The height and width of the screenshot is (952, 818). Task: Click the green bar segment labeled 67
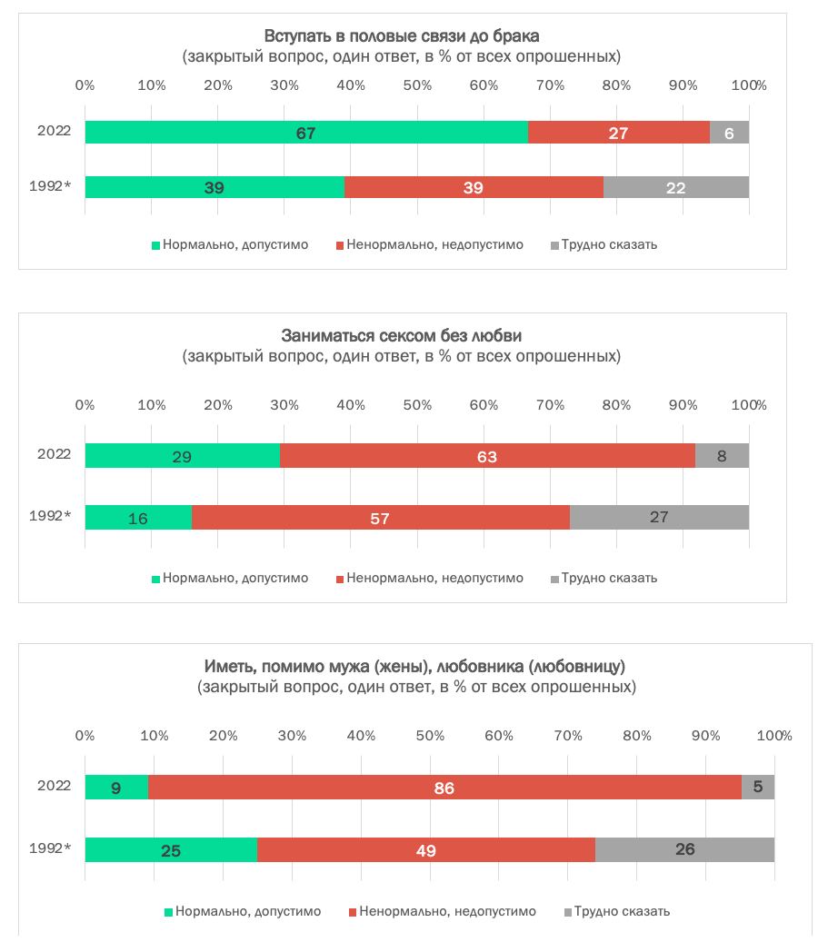(x=306, y=133)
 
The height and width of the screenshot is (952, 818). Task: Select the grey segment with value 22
(x=675, y=187)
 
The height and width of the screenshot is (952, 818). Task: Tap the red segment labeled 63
(x=487, y=456)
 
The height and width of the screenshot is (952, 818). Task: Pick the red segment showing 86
(x=444, y=788)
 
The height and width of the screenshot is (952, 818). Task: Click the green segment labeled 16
(x=138, y=518)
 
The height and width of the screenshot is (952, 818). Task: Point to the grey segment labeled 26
(x=684, y=850)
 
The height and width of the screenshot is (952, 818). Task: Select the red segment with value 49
(x=425, y=850)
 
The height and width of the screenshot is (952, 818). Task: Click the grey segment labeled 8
(x=722, y=456)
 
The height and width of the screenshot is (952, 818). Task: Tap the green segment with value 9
(x=116, y=788)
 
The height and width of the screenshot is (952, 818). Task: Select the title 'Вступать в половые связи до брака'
(x=402, y=37)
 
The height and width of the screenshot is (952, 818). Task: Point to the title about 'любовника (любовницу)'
(x=415, y=667)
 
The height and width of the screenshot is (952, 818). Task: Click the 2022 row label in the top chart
(x=54, y=131)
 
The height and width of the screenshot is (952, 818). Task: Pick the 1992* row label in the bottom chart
(x=50, y=850)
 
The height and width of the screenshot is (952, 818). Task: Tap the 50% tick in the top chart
(x=417, y=85)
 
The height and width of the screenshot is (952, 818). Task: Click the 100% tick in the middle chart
(x=749, y=404)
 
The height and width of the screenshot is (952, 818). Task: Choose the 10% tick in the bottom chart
(x=154, y=735)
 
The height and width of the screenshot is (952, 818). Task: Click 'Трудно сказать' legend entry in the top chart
(x=608, y=244)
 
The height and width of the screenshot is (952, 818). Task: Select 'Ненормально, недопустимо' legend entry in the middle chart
(x=434, y=578)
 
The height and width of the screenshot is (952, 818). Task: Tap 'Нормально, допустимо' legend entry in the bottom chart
(x=247, y=911)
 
